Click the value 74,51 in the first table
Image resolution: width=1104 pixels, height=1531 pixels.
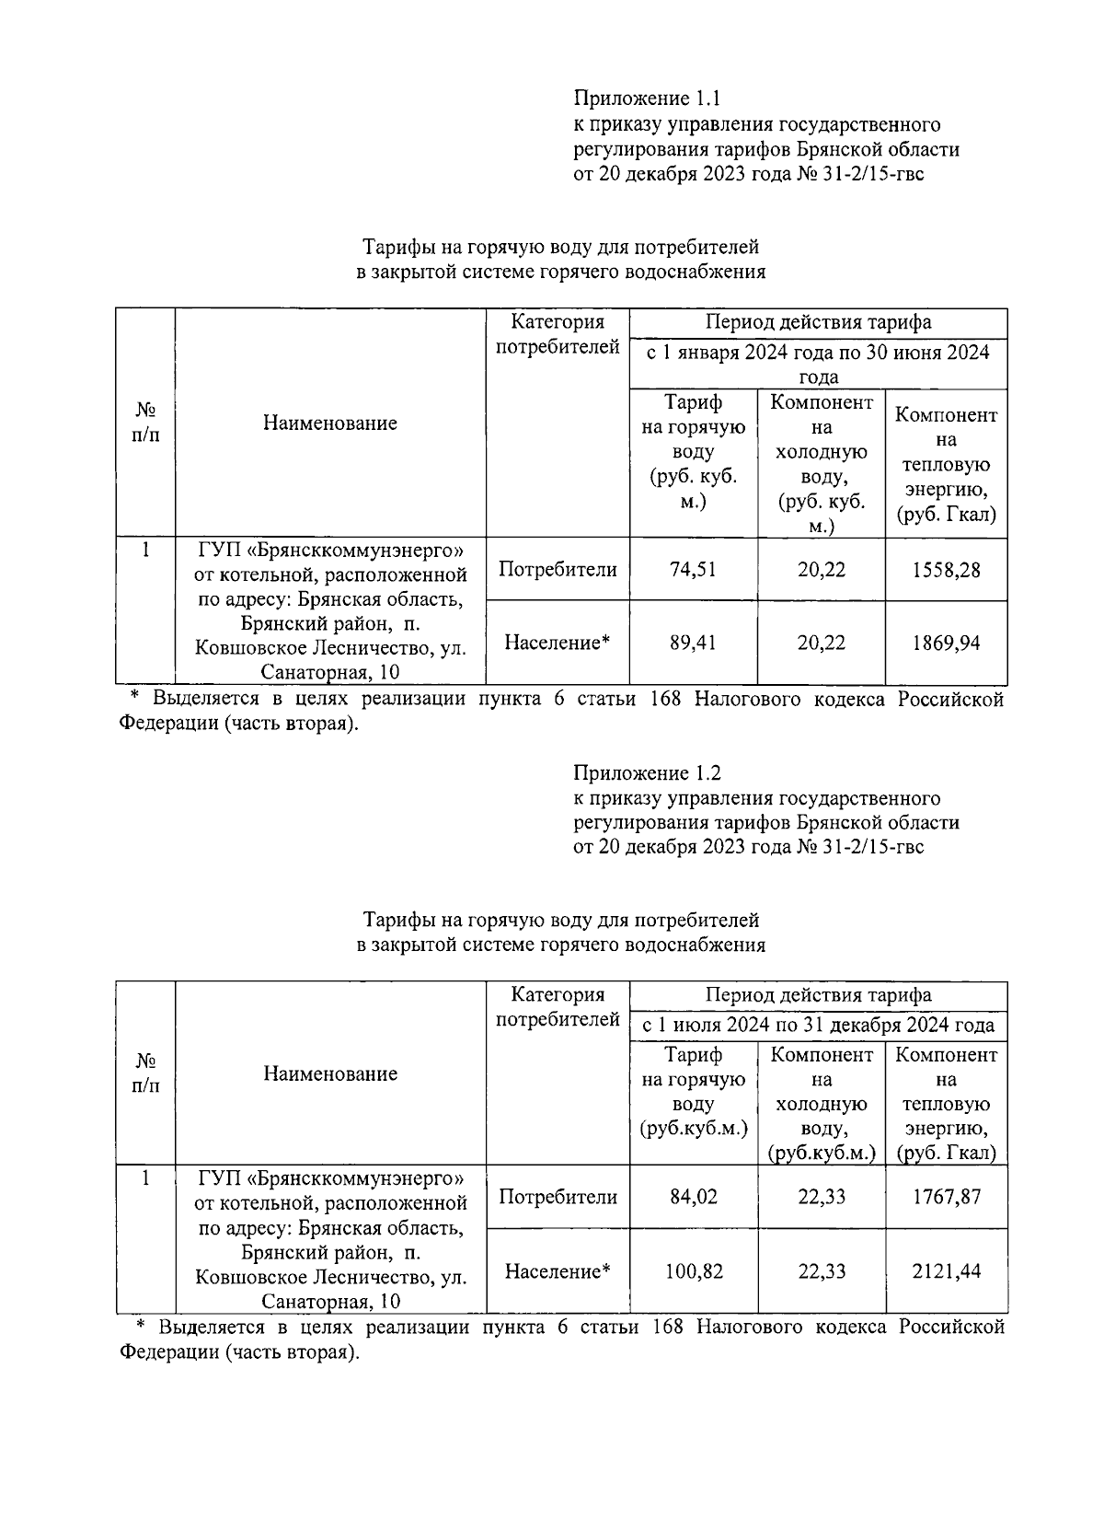(x=693, y=570)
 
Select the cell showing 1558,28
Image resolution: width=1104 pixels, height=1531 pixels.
(x=946, y=570)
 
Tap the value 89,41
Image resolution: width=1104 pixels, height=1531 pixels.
(x=693, y=643)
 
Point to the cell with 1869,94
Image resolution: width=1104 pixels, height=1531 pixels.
(x=946, y=643)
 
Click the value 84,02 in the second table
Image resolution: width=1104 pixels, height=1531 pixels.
(x=693, y=1197)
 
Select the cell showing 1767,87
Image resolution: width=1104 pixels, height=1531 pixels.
(x=946, y=1197)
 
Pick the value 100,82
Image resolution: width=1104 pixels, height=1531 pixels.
(x=693, y=1271)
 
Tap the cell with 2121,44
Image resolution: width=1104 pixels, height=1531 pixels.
(x=946, y=1271)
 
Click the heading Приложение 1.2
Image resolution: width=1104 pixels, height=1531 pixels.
(x=645, y=771)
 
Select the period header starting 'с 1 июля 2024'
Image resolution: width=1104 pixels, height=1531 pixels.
(x=818, y=1025)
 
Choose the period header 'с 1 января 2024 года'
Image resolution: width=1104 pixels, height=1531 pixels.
(x=818, y=364)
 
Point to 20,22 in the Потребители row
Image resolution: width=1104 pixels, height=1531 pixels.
(x=821, y=570)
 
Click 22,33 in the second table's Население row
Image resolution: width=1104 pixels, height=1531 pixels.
(x=821, y=1271)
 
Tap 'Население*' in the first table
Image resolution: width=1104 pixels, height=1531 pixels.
(x=558, y=643)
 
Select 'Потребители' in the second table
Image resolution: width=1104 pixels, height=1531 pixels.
(x=558, y=1197)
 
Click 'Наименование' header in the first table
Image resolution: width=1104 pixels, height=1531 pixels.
(x=330, y=423)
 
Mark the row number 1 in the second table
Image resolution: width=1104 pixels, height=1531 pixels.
(x=145, y=1177)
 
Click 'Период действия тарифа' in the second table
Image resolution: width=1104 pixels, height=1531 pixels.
(x=818, y=994)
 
